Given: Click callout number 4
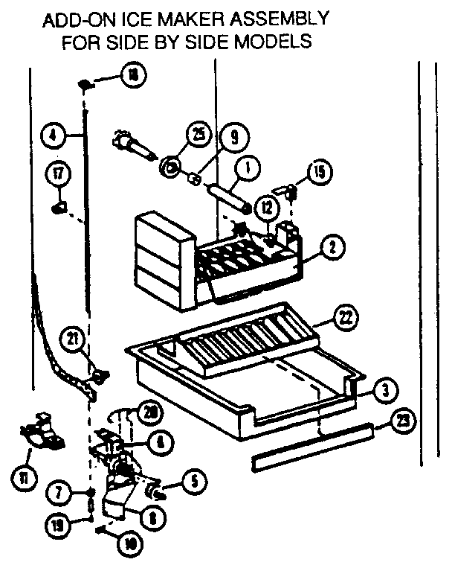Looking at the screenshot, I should click(51, 136).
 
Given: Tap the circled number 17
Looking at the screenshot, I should click(59, 173).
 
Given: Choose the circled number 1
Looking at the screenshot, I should click(245, 168).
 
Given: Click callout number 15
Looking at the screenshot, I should click(318, 170).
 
